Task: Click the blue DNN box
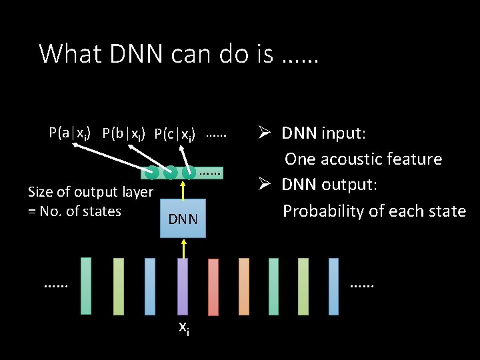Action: [x=183, y=218]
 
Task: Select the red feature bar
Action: [x=213, y=286]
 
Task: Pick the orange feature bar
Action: [x=244, y=286]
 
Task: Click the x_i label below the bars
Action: [x=183, y=328]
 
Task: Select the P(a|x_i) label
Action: [x=71, y=133]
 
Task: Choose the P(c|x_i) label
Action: [x=175, y=134]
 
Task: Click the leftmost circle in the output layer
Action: [x=152, y=173]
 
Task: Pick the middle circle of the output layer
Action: [x=171, y=173]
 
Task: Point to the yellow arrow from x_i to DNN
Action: [x=183, y=247]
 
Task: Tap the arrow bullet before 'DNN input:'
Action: [x=264, y=133]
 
